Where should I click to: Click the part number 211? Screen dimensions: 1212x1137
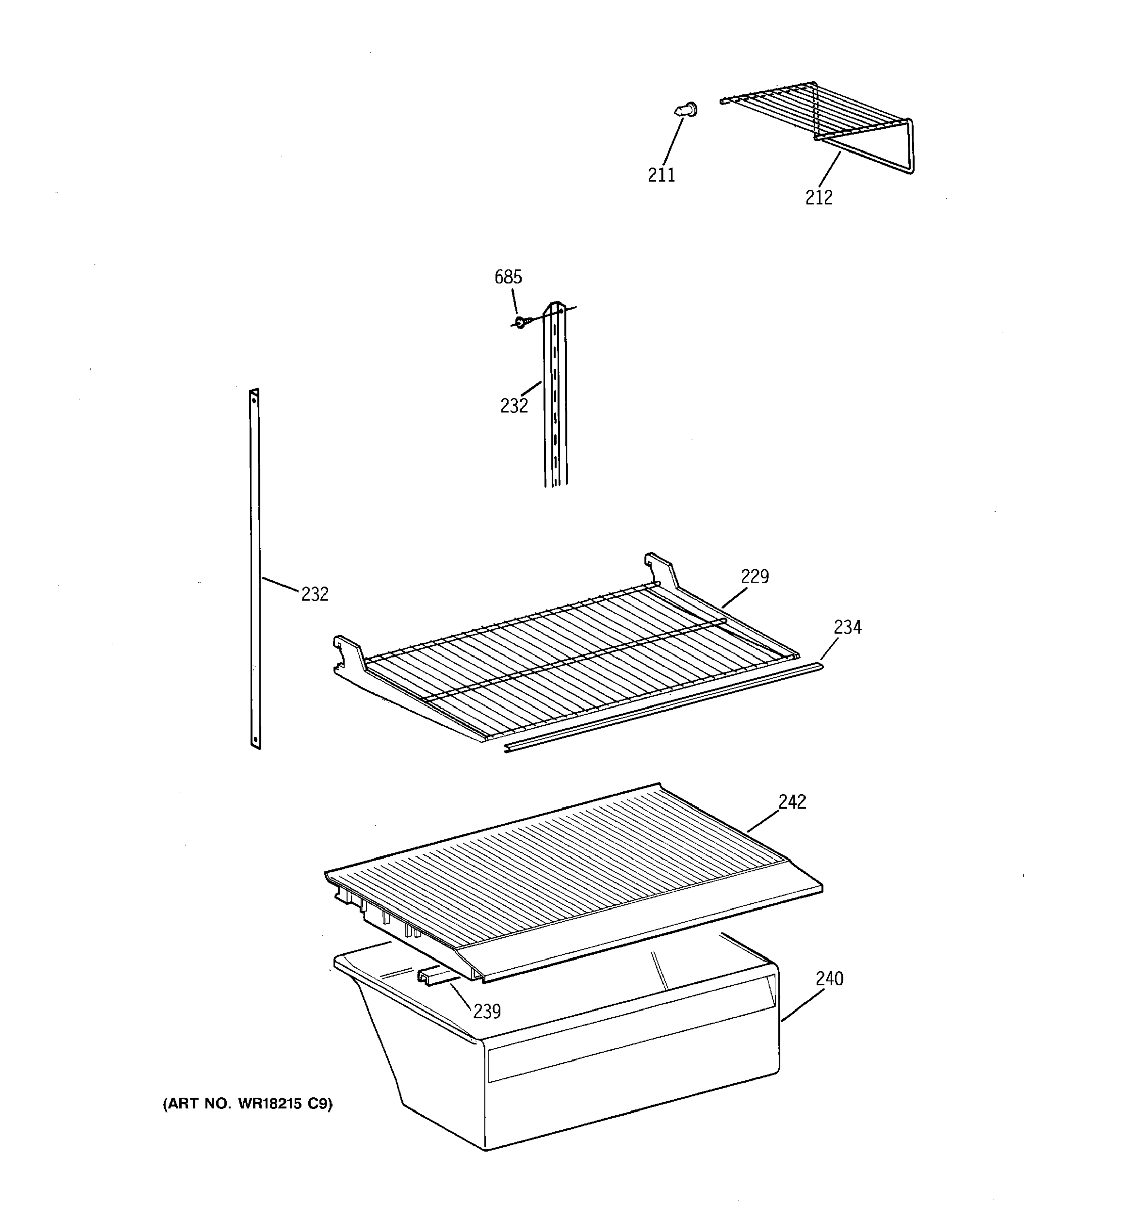pyautogui.click(x=661, y=175)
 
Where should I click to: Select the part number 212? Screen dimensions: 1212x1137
pyautogui.click(x=818, y=197)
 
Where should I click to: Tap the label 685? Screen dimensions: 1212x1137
pyautogui.click(x=507, y=277)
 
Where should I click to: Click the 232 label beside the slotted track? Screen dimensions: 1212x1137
pyautogui.click(x=513, y=406)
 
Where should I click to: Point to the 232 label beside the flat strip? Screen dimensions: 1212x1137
pyautogui.click(x=314, y=594)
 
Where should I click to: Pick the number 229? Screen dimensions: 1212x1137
pyautogui.click(x=754, y=576)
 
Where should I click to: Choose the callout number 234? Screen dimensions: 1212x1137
pyautogui.click(x=847, y=627)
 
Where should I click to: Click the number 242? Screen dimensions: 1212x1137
pyautogui.click(x=792, y=802)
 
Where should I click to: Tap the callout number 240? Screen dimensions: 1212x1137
pyautogui.click(x=829, y=979)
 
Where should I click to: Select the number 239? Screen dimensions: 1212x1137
pyautogui.click(x=487, y=1012)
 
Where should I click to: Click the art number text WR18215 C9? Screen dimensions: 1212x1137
pyautogui.click(x=248, y=1103)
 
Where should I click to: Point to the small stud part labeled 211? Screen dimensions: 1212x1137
pyautogui.click(x=686, y=111)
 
